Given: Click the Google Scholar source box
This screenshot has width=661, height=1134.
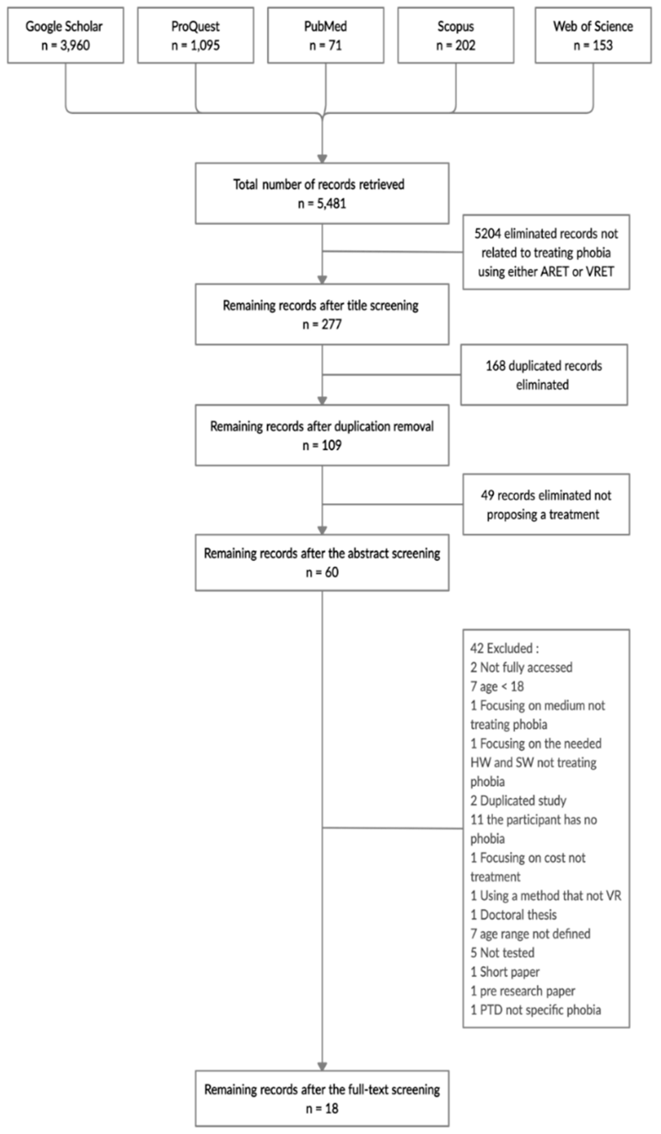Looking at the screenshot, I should pos(65,35).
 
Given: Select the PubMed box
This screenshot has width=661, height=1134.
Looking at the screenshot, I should pos(326,35).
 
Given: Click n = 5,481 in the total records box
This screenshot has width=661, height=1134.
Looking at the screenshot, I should pos(322,203).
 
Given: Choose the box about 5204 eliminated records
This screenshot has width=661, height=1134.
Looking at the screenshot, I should pos(546,252).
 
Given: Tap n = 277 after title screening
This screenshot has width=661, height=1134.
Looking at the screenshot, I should pos(322,324).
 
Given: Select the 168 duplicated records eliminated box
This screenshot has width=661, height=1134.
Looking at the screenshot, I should pos(543,375).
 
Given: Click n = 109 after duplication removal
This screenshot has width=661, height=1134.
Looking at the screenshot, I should pos(322,445).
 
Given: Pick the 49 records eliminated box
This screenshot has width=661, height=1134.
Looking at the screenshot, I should pos(546,504).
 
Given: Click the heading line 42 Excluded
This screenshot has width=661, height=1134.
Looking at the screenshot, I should pos(504,648).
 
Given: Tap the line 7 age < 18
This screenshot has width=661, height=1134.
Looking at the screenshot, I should pos(497,686).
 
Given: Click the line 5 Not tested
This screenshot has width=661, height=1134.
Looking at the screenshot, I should pos(502,953).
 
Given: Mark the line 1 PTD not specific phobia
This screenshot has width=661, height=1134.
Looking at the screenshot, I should pos(535,1010).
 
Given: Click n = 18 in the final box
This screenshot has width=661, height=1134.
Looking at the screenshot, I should pos(322,1108).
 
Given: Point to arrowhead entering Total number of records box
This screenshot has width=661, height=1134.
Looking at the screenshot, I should pos(322,159).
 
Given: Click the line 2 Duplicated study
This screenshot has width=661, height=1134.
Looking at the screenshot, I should pos(518,801).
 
